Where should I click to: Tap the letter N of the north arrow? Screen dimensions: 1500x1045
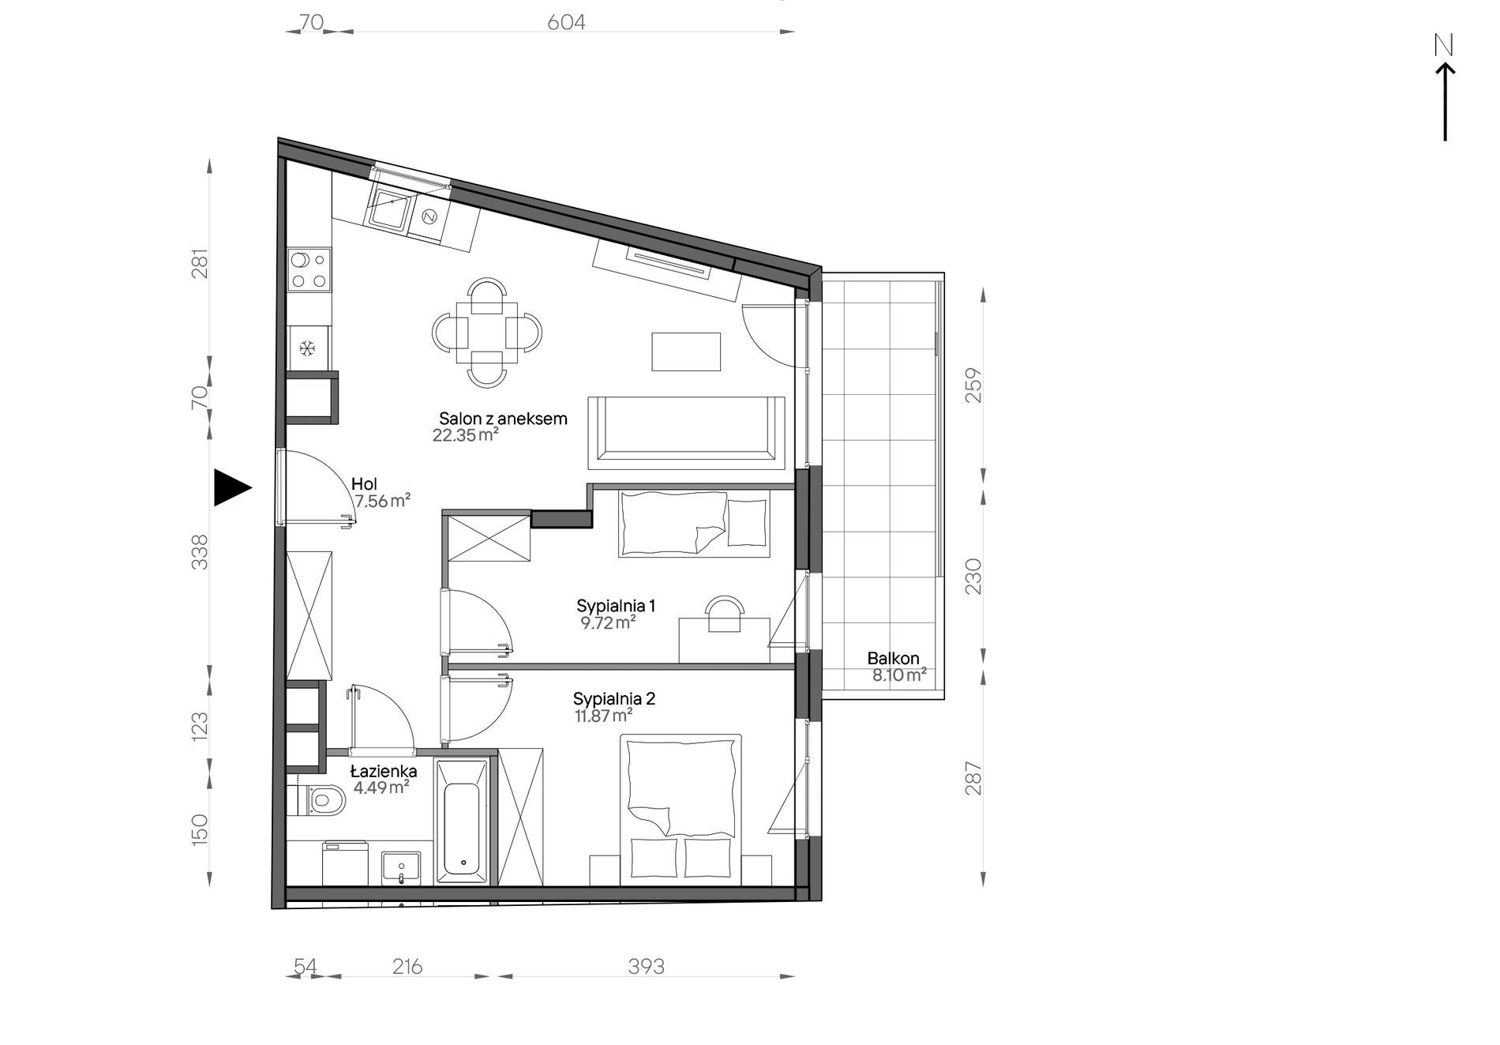click(x=1444, y=47)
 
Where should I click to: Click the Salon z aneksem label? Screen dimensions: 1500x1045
click(x=503, y=419)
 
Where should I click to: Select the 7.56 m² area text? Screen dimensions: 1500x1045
click(x=382, y=501)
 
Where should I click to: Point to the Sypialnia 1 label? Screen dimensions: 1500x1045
click(x=616, y=606)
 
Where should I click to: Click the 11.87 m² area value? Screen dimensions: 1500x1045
click(x=604, y=716)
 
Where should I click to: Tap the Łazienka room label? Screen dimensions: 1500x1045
click(x=384, y=770)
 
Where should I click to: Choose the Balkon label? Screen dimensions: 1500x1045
click(x=893, y=658)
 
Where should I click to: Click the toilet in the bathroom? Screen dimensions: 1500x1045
click(x=321, y=799)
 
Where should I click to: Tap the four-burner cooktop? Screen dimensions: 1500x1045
click(x=309, y=269)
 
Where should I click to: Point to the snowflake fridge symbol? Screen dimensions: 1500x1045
click(x=308, y=347)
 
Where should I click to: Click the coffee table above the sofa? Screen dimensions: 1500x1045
click(x=686, y=351)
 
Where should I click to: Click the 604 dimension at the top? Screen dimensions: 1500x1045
click(x=566, y=22)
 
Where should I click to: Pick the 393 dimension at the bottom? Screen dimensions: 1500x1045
click(x=646, y=966)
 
